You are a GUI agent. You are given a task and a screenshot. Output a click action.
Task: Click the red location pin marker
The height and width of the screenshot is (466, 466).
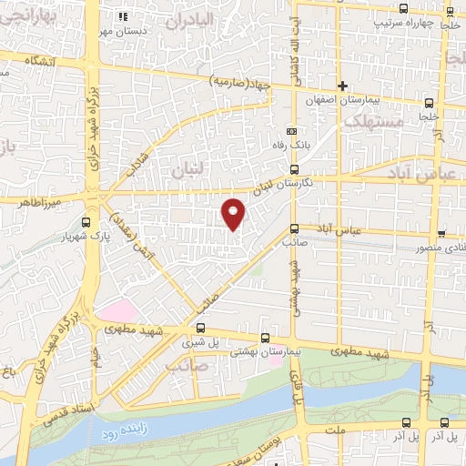(235, 212)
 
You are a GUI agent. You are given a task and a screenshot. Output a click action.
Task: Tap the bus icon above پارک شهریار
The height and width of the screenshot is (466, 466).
(86, 221)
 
